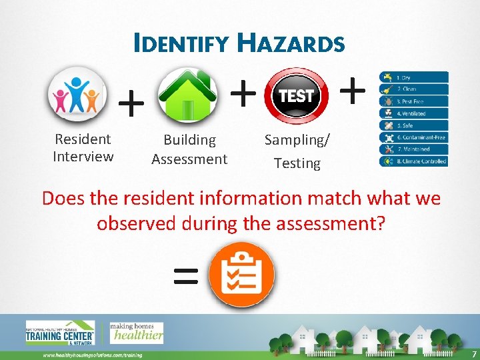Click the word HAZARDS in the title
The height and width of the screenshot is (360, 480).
click(x=291, y=44)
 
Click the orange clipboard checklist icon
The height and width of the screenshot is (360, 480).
click(x=241, y=274)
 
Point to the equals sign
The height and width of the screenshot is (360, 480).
click(x=185, y=275)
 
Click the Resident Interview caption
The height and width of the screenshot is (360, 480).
click(x=83, y=148)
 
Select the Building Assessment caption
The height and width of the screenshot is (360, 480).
click(x=189, y=149)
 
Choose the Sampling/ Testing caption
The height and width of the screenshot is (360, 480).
click(x=297, y=151)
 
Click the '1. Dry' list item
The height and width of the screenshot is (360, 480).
click(x=413, y=78)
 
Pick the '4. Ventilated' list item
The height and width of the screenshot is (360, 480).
click(x=413, y=113)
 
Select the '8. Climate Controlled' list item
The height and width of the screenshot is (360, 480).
click(x=413, y=161)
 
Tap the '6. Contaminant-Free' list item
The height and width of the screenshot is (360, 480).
click(x=413, y=137)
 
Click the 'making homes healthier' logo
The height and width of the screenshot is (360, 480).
click(x=137, y=333)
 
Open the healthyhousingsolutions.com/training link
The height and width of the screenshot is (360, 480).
click(x=93, y=355)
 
